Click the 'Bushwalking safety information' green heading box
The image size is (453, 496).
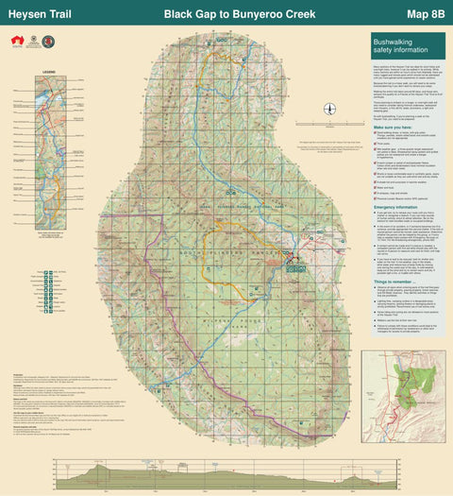point(407,45)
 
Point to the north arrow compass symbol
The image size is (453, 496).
point(328,109)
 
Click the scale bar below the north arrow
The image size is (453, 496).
point(328,124)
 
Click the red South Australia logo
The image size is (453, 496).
point(16,40)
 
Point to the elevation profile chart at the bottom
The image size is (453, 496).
point(226,472)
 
